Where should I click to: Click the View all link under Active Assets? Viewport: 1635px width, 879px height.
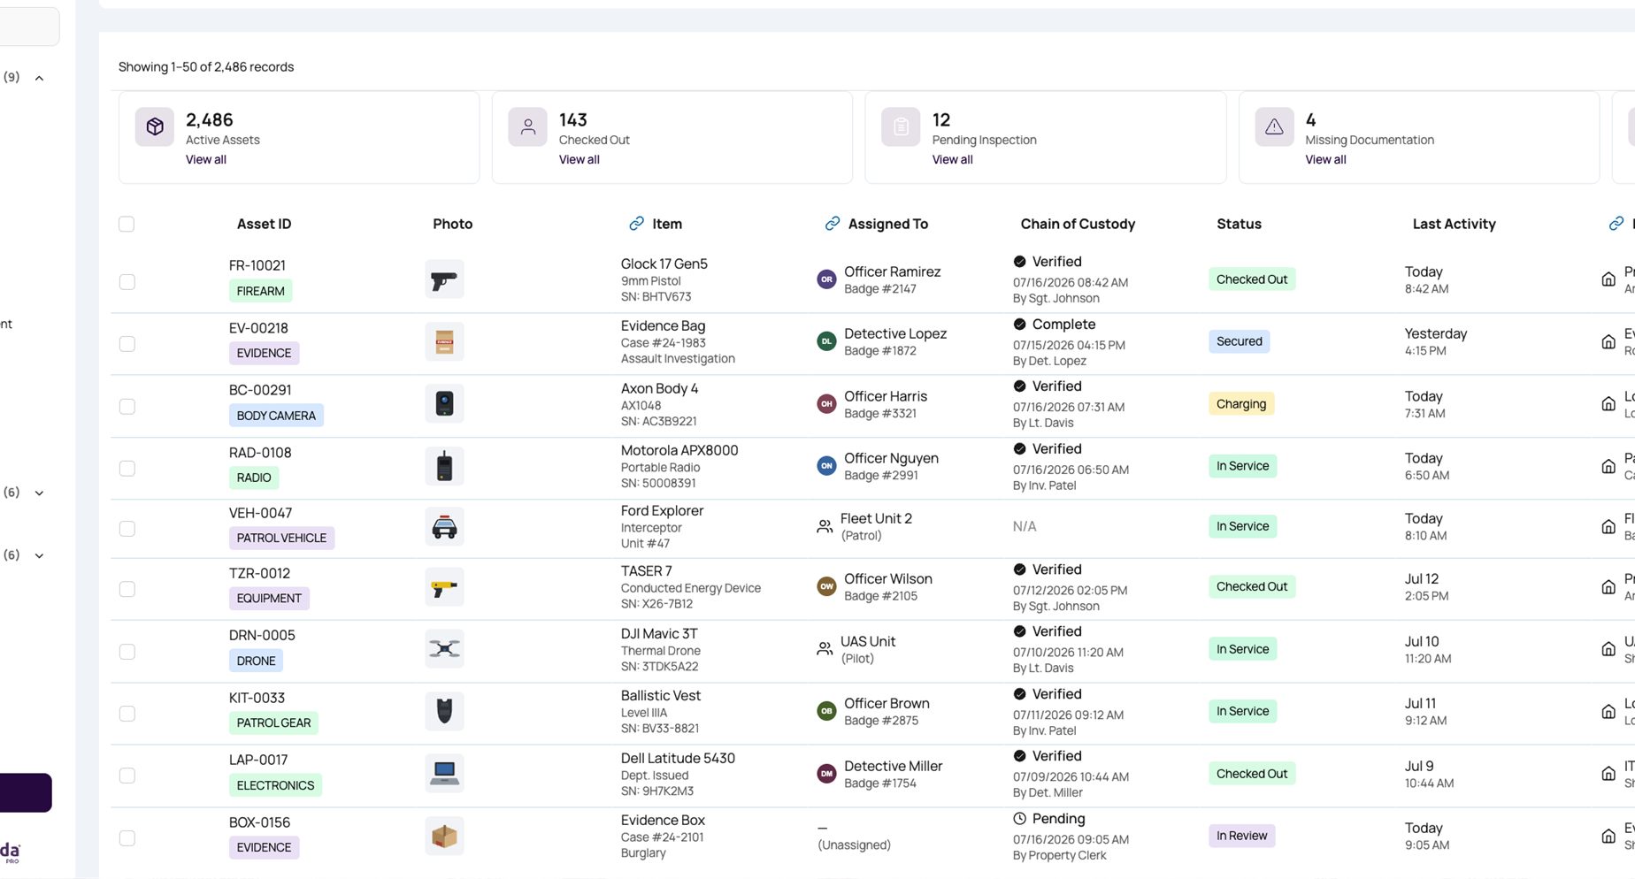pos(206,160)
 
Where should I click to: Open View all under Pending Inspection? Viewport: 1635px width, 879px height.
pos(952,160)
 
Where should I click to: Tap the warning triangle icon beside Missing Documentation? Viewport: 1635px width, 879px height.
pos(1274,127)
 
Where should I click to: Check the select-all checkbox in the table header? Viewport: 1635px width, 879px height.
pos(127,225)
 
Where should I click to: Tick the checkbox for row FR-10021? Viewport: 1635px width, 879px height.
pos(127,282)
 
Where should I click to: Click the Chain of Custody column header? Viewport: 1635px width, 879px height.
pos(1078,225)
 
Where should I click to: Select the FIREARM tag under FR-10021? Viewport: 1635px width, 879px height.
pos(261,291)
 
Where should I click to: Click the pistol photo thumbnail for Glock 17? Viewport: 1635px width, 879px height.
pos(444,279)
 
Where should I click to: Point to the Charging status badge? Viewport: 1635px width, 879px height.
pos(1241,404)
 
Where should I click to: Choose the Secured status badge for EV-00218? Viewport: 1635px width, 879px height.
pos(1239,341)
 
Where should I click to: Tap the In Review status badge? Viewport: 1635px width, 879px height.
pos(1241,836)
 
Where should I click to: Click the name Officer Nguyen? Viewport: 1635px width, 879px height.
pos(891,458)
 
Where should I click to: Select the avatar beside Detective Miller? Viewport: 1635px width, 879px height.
pos(826,774)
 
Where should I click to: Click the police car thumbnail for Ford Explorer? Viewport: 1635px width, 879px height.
pos(444,527)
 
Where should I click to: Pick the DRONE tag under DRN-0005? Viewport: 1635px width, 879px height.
pos(256,661)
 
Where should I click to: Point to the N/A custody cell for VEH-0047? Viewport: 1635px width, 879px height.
pos(1025,527)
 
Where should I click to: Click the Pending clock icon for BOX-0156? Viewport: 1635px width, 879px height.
pos(1019,819)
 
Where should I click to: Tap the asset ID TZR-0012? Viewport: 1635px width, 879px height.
pos(259,573)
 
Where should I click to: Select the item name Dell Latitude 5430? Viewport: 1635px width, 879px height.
pos(678,759)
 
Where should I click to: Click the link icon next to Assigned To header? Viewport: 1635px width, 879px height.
pos(832,224)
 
